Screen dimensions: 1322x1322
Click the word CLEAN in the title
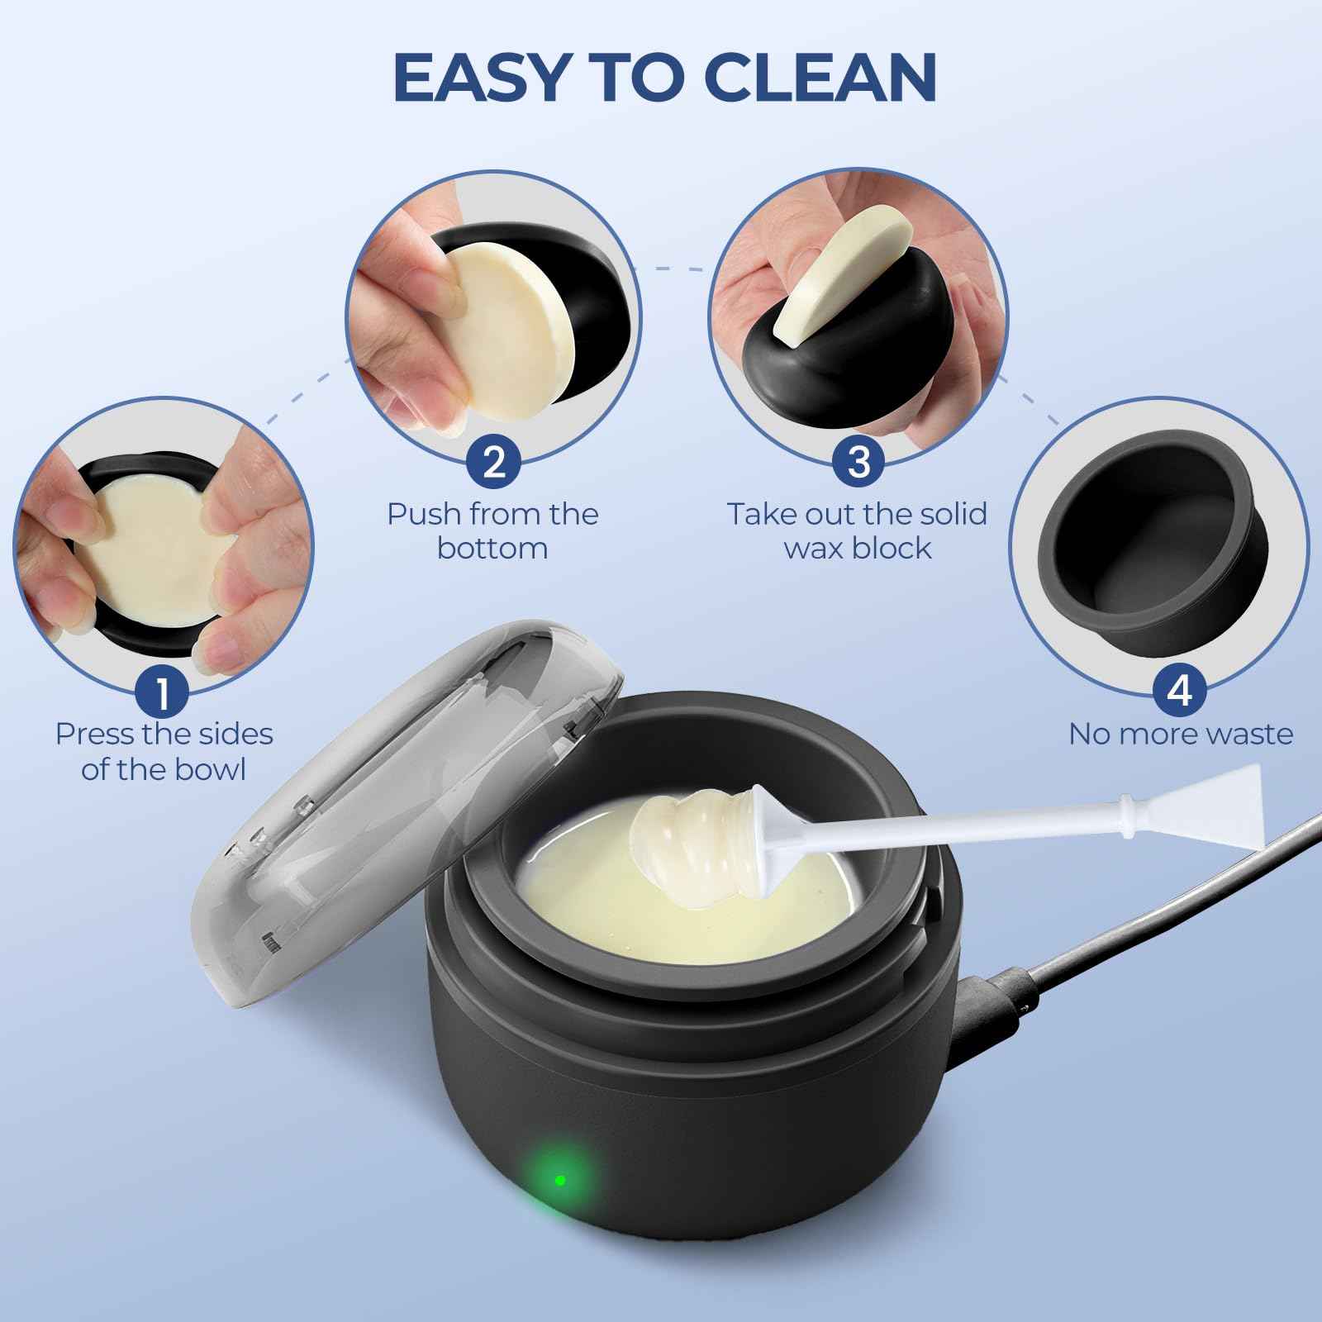click(823, 76)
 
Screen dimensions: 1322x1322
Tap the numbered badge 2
click(493, 461)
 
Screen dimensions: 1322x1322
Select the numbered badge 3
click(858, 461)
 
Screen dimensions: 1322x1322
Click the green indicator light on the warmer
click(560, 1180)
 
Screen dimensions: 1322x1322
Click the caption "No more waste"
click(1180, 734)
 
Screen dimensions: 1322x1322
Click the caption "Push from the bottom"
click(493, 530)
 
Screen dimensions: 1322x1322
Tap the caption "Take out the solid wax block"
click(858, 530)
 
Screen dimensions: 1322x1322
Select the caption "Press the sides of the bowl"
click(163, 751)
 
